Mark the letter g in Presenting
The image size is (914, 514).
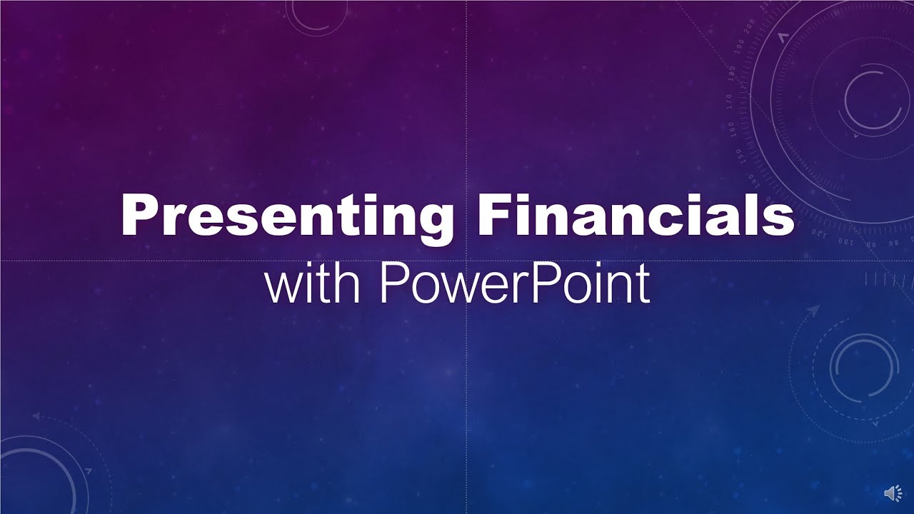pos(434,221)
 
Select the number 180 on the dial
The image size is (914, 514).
pos(731,72)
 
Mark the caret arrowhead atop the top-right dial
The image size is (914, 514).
pos(783,36)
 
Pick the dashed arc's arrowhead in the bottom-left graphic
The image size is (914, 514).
pos(36,415)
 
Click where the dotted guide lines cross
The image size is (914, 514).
pos(467,261)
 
